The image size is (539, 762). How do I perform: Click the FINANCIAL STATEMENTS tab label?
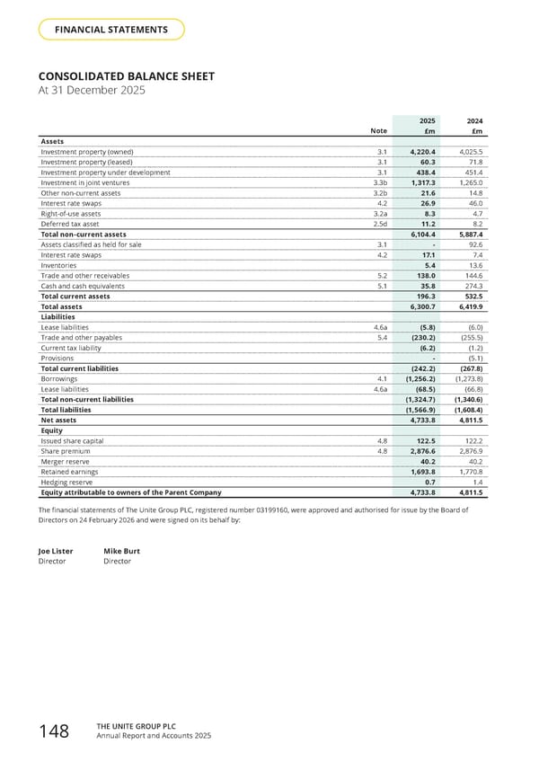(x=111, y=30)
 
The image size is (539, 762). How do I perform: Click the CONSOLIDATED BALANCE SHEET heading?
(x=126, y=76)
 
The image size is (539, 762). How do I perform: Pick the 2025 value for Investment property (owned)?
(x=423, y=152)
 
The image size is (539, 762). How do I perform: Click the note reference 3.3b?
(x=380, y=182)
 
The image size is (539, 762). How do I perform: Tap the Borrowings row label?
(x=59, y=379)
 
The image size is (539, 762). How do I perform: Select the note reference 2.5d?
(x=380, y=224)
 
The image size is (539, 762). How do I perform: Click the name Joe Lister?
(x=56, y=551)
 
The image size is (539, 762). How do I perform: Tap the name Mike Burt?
(x=121, y=551)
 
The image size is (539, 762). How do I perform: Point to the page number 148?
(x=55, y=731)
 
